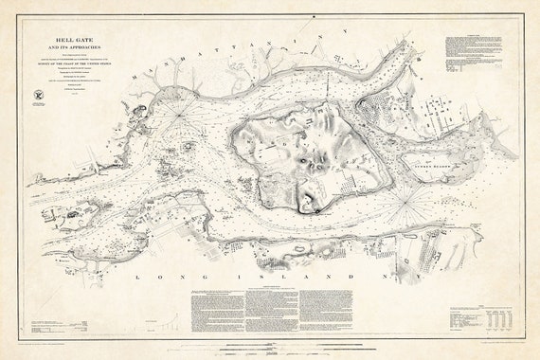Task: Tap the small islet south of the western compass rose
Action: pyautogui.click(x=186, y=148)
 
